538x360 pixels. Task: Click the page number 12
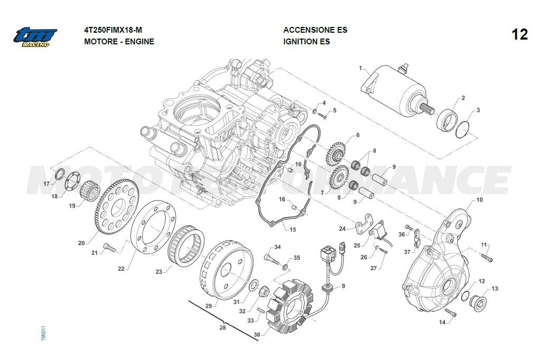(x=520, y=35)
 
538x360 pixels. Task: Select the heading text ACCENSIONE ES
(x=315, y=30)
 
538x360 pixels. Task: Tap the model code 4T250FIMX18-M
(x=113, y=30)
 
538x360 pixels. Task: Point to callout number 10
(x=479, y=200)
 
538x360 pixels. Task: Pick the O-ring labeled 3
(x=463, y=129)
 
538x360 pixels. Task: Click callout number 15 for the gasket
(x=292, y=230)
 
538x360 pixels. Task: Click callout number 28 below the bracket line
(x=222, y=328)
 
